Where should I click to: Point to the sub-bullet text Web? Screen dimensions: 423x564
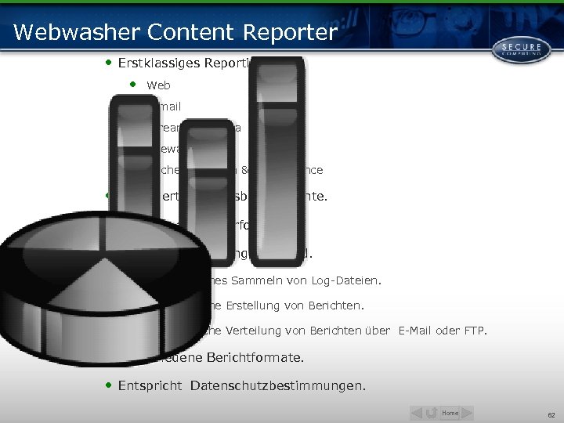click(x=158, y=85)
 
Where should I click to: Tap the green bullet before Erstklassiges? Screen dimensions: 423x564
click(x=108, y=61)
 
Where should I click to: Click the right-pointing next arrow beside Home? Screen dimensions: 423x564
click(x=467, y=413)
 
